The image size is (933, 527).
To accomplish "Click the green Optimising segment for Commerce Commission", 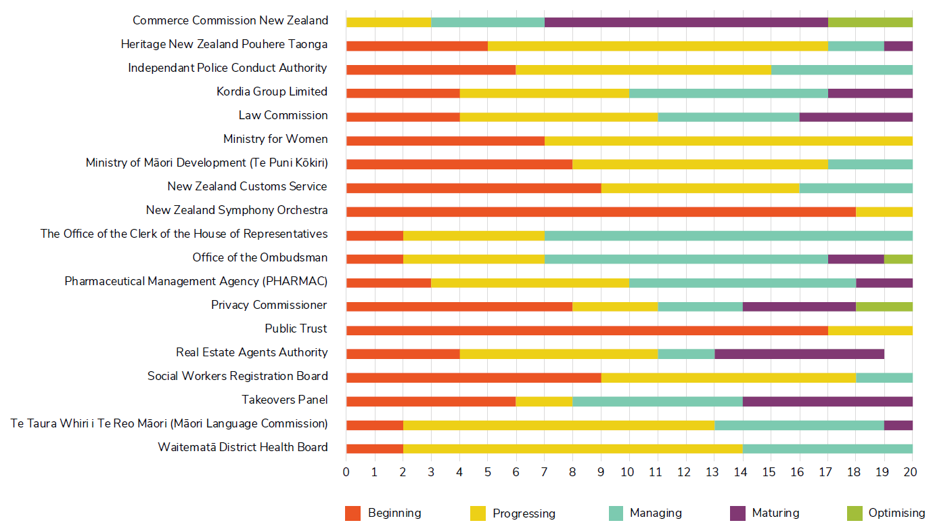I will click(x=870, y=22).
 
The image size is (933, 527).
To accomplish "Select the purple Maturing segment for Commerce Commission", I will click(x=686, y=22).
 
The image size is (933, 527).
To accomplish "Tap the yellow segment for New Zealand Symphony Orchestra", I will click(x=884, y=211).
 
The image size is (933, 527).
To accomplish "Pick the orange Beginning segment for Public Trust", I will click(x=587, y=331).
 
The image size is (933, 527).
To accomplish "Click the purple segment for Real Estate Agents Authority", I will click(x=799, y=354).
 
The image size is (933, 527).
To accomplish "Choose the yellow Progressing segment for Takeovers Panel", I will click(x=544, y=401).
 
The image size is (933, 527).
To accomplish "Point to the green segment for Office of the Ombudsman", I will click(x=898, y=259).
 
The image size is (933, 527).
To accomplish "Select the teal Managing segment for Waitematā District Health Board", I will click(x=827, y=448).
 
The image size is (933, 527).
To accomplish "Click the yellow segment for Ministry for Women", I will click(x=728, y=141).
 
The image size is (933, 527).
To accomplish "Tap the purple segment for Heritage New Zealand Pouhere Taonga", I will click(x=898, y=46).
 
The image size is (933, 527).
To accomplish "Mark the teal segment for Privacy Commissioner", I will click(x=700, y=306).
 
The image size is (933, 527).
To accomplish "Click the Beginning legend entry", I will click(x=383, y=513).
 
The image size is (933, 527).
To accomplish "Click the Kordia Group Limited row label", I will click(x=272, y=91).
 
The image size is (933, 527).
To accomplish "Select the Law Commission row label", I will click(x=283, y=115).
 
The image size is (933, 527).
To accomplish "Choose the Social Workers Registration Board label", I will click(x=237, y=376).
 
